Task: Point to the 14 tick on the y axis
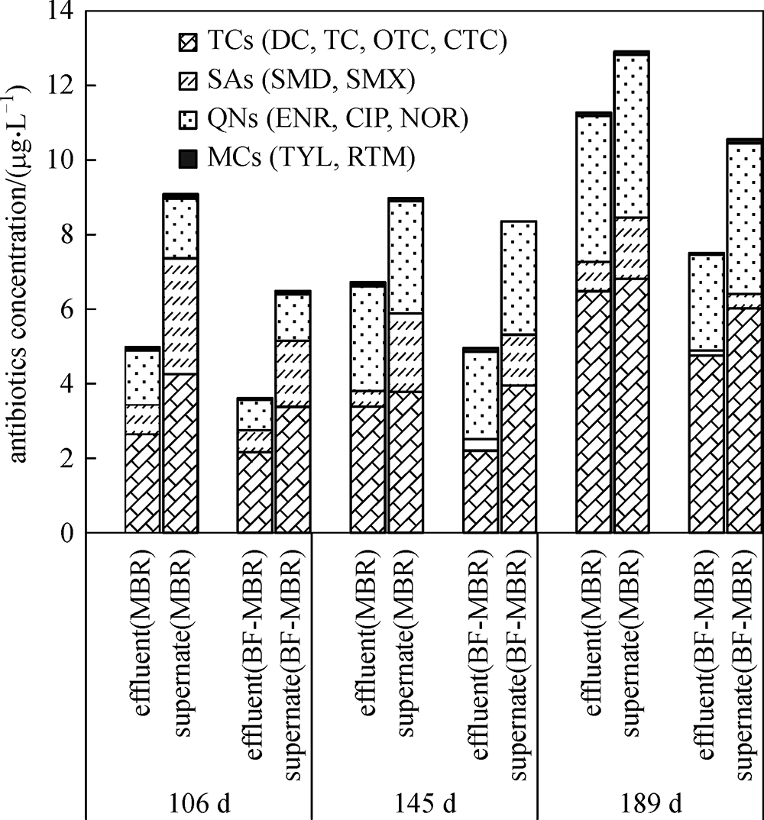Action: pos(57,11)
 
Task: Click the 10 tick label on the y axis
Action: pos(57,160)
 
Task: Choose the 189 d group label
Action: pos(652,804)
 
